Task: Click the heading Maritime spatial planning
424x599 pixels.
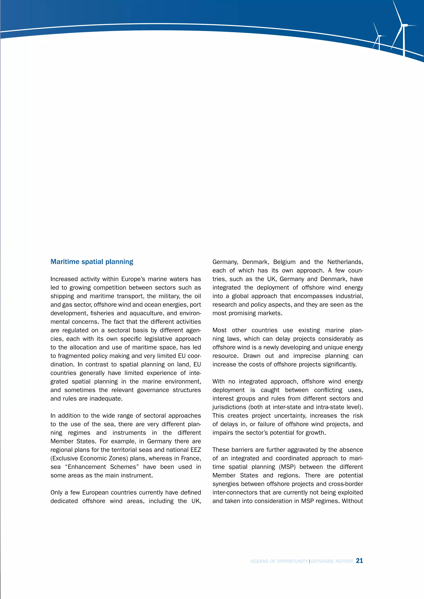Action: click(x=92, y=262)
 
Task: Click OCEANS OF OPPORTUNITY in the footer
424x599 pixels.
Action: click(x=279, y=561)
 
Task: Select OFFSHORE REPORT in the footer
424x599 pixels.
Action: click(x=332, y=561)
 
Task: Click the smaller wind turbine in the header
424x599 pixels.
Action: click(x=379, y=38)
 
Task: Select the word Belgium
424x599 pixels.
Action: click(x=284, y=262)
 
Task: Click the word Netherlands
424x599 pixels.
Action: click(x=345, y=262)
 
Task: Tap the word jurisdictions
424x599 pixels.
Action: click(x=229, y=407)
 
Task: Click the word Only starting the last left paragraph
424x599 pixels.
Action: click(x=56, y=492)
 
